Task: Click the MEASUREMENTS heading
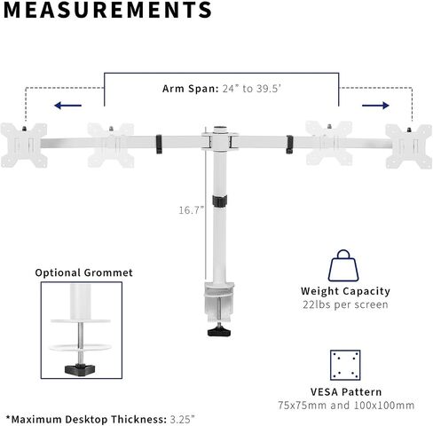tap(107, 10)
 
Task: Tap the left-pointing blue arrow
tap(67, 106)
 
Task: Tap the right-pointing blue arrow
tap(375, 106)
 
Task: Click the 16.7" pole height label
tap(191, 210)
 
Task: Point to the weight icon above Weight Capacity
tap(343, 265)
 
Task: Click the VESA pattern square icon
tap(345, 365)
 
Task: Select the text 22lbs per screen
tap(345, 304)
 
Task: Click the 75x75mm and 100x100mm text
tap(346, 405)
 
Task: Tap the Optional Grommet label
tap(84, 272)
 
